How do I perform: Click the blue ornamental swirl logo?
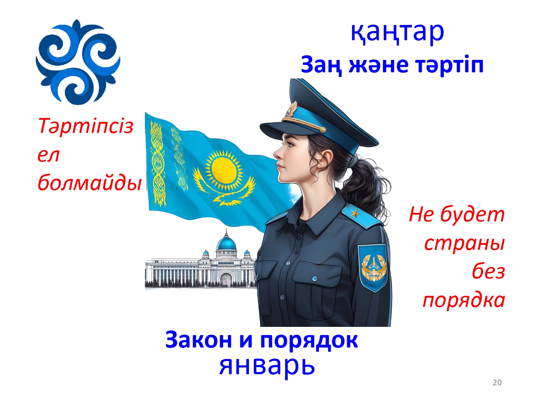tap(78, 62)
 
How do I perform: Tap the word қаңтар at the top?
tap(397, 32)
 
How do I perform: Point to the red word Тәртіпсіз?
tap(86, 127)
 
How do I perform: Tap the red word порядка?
tap(464, 300)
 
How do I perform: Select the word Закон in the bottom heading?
tap(199, 340)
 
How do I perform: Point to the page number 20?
tap(497, 382)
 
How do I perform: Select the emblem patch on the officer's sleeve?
tap(372, 268)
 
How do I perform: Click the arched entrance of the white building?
tap(225, 279)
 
